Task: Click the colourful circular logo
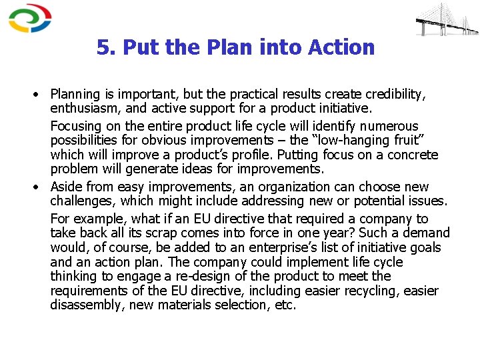(29, 18)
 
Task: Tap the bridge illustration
(446, 19)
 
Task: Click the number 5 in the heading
(103, 48)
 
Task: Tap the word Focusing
(75, 126)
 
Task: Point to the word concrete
(413, 155)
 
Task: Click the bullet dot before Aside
(35, 187)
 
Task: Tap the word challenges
(79, 201)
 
